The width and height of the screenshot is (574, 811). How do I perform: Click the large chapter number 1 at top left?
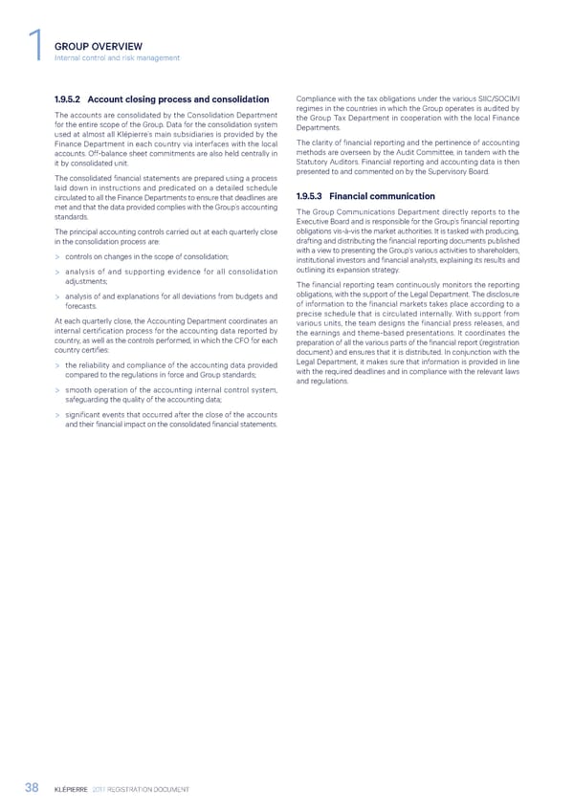[x=35, y=49]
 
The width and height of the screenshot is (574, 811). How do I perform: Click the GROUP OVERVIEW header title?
[x=99, y=46]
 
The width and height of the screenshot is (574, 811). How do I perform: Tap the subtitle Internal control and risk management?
[x=118, y=58]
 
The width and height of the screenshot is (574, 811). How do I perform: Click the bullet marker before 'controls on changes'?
[x=58, y=257]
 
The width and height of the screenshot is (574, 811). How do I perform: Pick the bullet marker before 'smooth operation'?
[x=58, y=416]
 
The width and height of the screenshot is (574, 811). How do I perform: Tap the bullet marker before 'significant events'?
[x=58, y=441]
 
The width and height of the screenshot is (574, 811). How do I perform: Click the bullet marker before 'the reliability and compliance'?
[x=58, y=391]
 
